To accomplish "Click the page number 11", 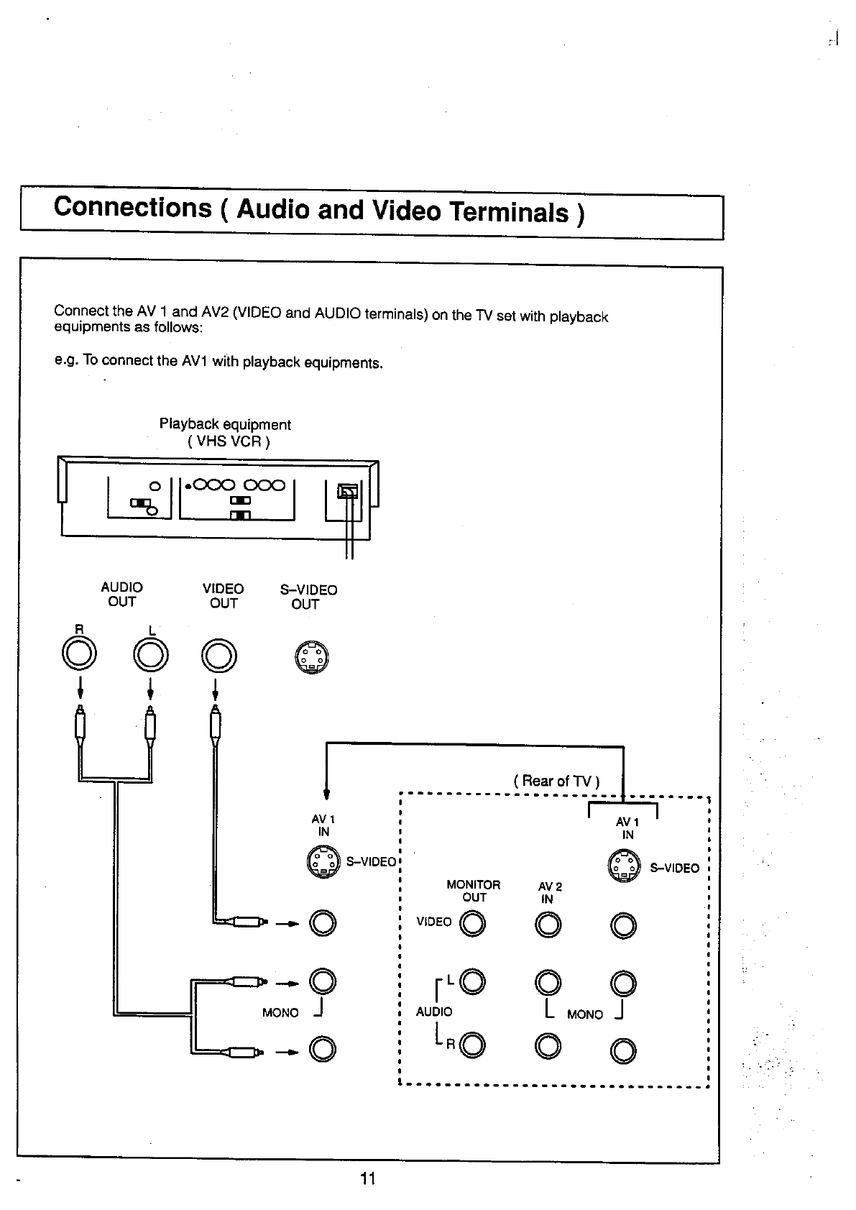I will tap(368, 1178).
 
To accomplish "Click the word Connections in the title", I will tap(133, 207).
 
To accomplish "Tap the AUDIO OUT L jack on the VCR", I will tap(150, 654).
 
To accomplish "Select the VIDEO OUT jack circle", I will tap(219, 655).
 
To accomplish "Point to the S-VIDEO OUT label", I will tap(308, 597).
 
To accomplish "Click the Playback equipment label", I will tap(225, 425).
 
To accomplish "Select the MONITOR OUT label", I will tap(473, 891).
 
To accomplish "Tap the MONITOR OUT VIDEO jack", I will tap(473, 925).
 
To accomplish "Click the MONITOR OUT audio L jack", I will tap(473, 981).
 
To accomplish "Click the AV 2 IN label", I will tap(549, 893).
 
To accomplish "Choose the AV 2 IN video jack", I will tap(548, 925).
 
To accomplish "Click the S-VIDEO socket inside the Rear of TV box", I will tap(623, 866).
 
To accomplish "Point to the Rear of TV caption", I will tap(556, 781).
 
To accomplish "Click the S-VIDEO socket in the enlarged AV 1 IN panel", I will tap(322, 862).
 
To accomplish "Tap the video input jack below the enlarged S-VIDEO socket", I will tap(323, 923).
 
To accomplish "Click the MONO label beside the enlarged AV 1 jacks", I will tap(280, 1013).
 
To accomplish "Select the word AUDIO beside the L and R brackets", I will tap(434, 1012).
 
